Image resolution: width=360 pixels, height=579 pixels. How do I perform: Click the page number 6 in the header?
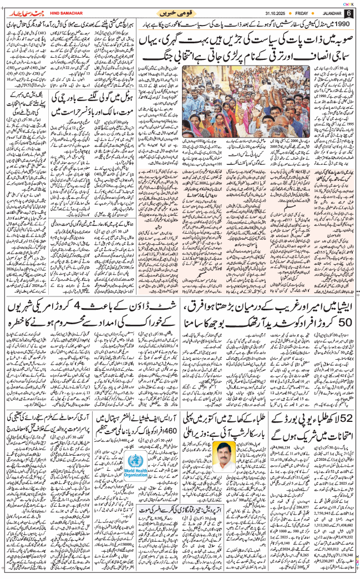coord(348,13)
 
